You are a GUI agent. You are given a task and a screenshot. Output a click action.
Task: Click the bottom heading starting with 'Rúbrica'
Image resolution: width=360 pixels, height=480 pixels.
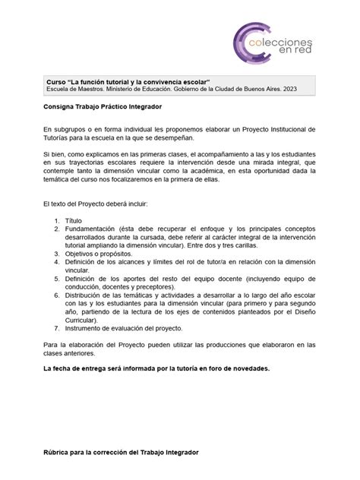click(120, 452)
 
